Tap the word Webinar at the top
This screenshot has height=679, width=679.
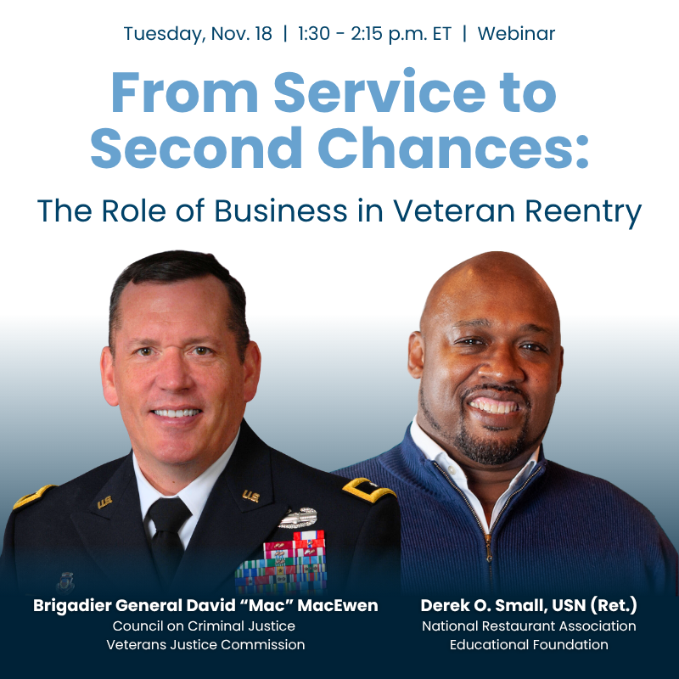[516, 34]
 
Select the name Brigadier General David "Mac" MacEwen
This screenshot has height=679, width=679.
[205, 606]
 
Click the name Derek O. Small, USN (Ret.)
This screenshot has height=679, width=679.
[528, 606]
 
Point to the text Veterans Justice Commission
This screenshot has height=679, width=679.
[205, 645]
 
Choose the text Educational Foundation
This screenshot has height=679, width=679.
[528, 645]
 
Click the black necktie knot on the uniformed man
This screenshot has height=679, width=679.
[167, 510]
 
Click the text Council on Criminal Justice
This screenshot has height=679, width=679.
[205, 626]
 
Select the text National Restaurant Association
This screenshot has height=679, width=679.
[528, 626]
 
